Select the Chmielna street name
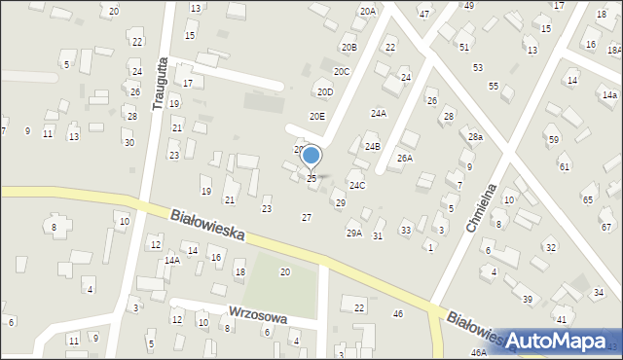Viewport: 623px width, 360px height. point(483,207)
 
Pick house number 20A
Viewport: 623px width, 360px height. point(367,12)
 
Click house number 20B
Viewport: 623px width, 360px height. point(348,48)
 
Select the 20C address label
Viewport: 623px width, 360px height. point(341,71)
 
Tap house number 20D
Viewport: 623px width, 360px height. point(324,92)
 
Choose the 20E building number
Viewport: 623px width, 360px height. point(317,116)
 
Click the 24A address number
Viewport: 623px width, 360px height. point(378,113)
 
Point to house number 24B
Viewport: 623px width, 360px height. point(372,147)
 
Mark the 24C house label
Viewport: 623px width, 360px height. point(357,185)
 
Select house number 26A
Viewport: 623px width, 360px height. point(405,158)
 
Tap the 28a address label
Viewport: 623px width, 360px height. point(475,137)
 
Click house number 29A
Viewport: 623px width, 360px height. point(353,233)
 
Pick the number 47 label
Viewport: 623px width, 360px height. point(423,15)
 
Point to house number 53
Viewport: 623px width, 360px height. point(477,67)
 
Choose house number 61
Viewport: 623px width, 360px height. point(565,167)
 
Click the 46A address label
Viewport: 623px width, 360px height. point(478,352)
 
